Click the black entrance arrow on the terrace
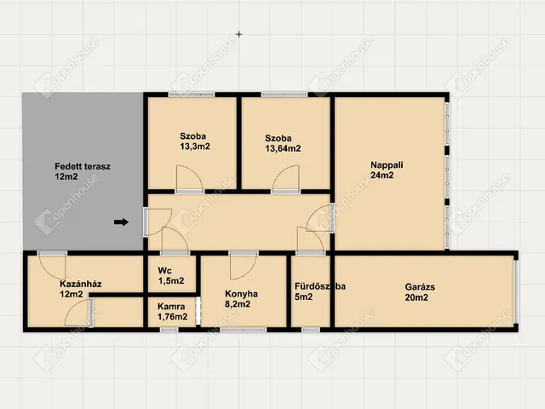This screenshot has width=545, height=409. pos(121,222)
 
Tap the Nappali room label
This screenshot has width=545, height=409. pos(387,164)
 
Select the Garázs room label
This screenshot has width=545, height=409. pos(420,287)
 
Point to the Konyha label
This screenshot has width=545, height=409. pos(241,294)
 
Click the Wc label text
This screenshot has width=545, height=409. pos(164,270)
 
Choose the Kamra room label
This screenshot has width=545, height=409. pos(171,307)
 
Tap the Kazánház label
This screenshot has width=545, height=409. pos(81,284)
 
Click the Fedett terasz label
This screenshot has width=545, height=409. pos(83,166)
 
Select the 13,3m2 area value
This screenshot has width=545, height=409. pos(195,147)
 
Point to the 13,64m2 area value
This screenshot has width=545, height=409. pos(283,148)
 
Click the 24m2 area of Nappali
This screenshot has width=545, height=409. pos(382,175)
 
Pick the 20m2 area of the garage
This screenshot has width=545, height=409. pos(416,297)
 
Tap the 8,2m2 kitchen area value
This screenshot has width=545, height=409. pos(238,304)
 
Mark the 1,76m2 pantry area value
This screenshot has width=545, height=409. pos(172,316)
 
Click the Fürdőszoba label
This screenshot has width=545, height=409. pos(320,286)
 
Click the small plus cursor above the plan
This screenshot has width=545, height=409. pos(238,34)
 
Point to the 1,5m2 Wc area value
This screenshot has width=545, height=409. pos(171,280)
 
